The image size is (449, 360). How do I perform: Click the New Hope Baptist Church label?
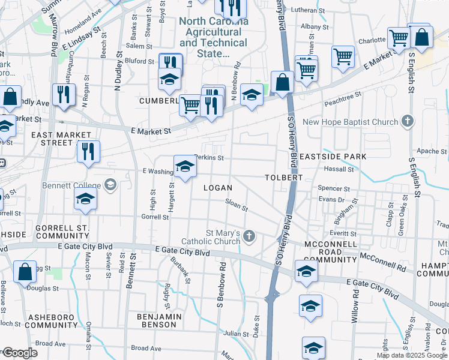[351, 122]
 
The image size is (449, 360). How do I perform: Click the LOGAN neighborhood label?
[218, 188]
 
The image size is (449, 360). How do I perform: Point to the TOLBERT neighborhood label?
[283, 178]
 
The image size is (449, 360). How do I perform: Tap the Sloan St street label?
[237, 206]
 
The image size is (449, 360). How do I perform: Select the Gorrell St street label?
[155, 216]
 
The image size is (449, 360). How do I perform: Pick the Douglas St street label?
[44, 288]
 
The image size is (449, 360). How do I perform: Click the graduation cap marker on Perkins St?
[185, 167]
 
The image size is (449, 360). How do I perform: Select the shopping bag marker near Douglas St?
[25, 271]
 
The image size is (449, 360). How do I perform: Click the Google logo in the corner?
[19, 353]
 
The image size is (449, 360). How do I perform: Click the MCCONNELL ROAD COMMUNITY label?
[331, 252]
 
